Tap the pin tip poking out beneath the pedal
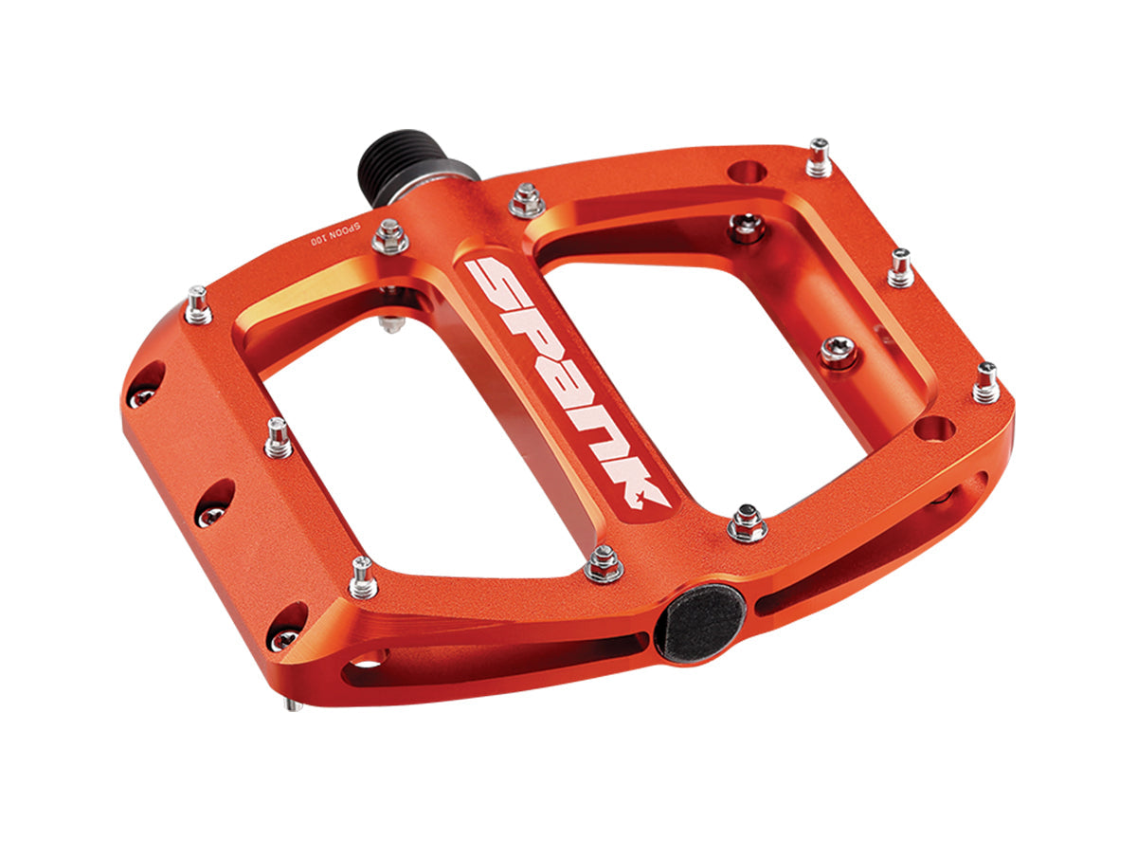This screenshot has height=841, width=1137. tap(295, 704)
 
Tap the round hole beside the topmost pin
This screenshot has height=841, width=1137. tap(749, 174)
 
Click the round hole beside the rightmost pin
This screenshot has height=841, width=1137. tap(937, 428)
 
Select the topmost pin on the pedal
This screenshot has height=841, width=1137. tap(819, 156)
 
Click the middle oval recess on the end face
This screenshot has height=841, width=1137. tap(215, 502)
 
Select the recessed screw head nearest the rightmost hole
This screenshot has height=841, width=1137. tap(839, 352)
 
